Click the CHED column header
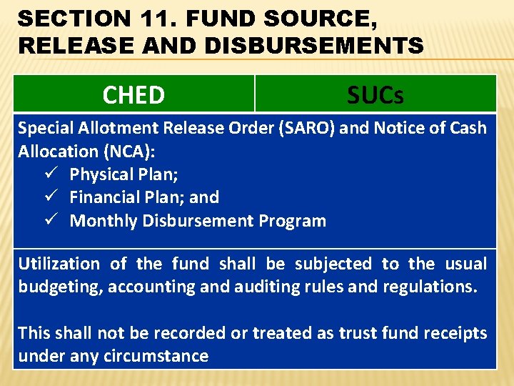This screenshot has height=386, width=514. pos(133,94)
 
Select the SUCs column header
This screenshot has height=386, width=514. pos(376,94)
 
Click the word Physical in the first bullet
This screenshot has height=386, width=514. pos(100,174)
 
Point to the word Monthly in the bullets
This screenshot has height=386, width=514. pos(104,221)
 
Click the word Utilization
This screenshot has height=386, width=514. pos(59,264)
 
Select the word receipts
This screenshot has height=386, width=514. pos(453,333)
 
